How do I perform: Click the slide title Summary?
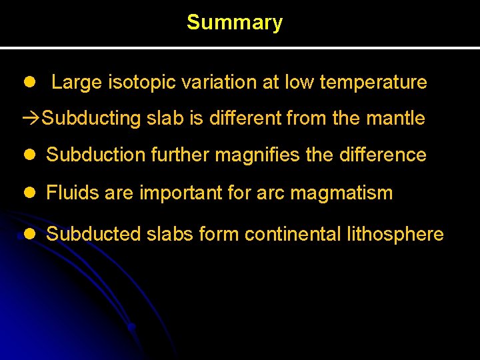tap(235, 23)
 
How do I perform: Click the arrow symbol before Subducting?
tap(31, 119)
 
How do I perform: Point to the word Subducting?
tap(91, 119)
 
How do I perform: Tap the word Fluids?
tap(69, 193)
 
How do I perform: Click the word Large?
tap(77, 83)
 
